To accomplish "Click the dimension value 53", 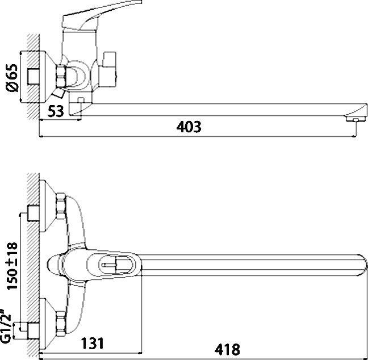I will tap(55, 111).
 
